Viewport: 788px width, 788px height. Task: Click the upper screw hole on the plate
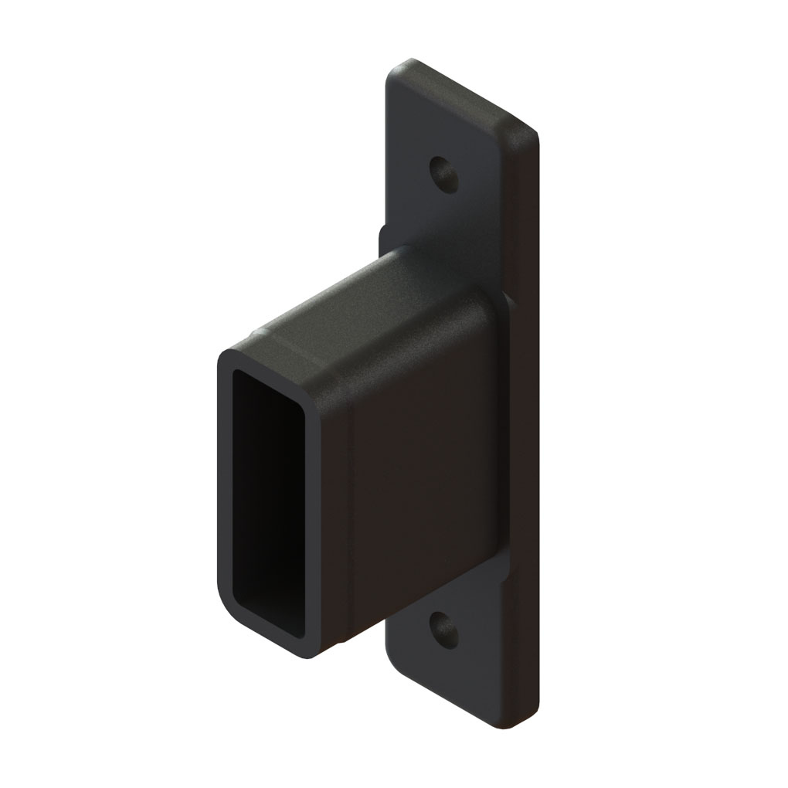tap(444, 175)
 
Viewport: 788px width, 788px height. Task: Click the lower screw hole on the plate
tap(444, 630)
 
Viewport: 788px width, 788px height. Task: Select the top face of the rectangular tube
tap(363, 309)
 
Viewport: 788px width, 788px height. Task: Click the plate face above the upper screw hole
tap(448, 116)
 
